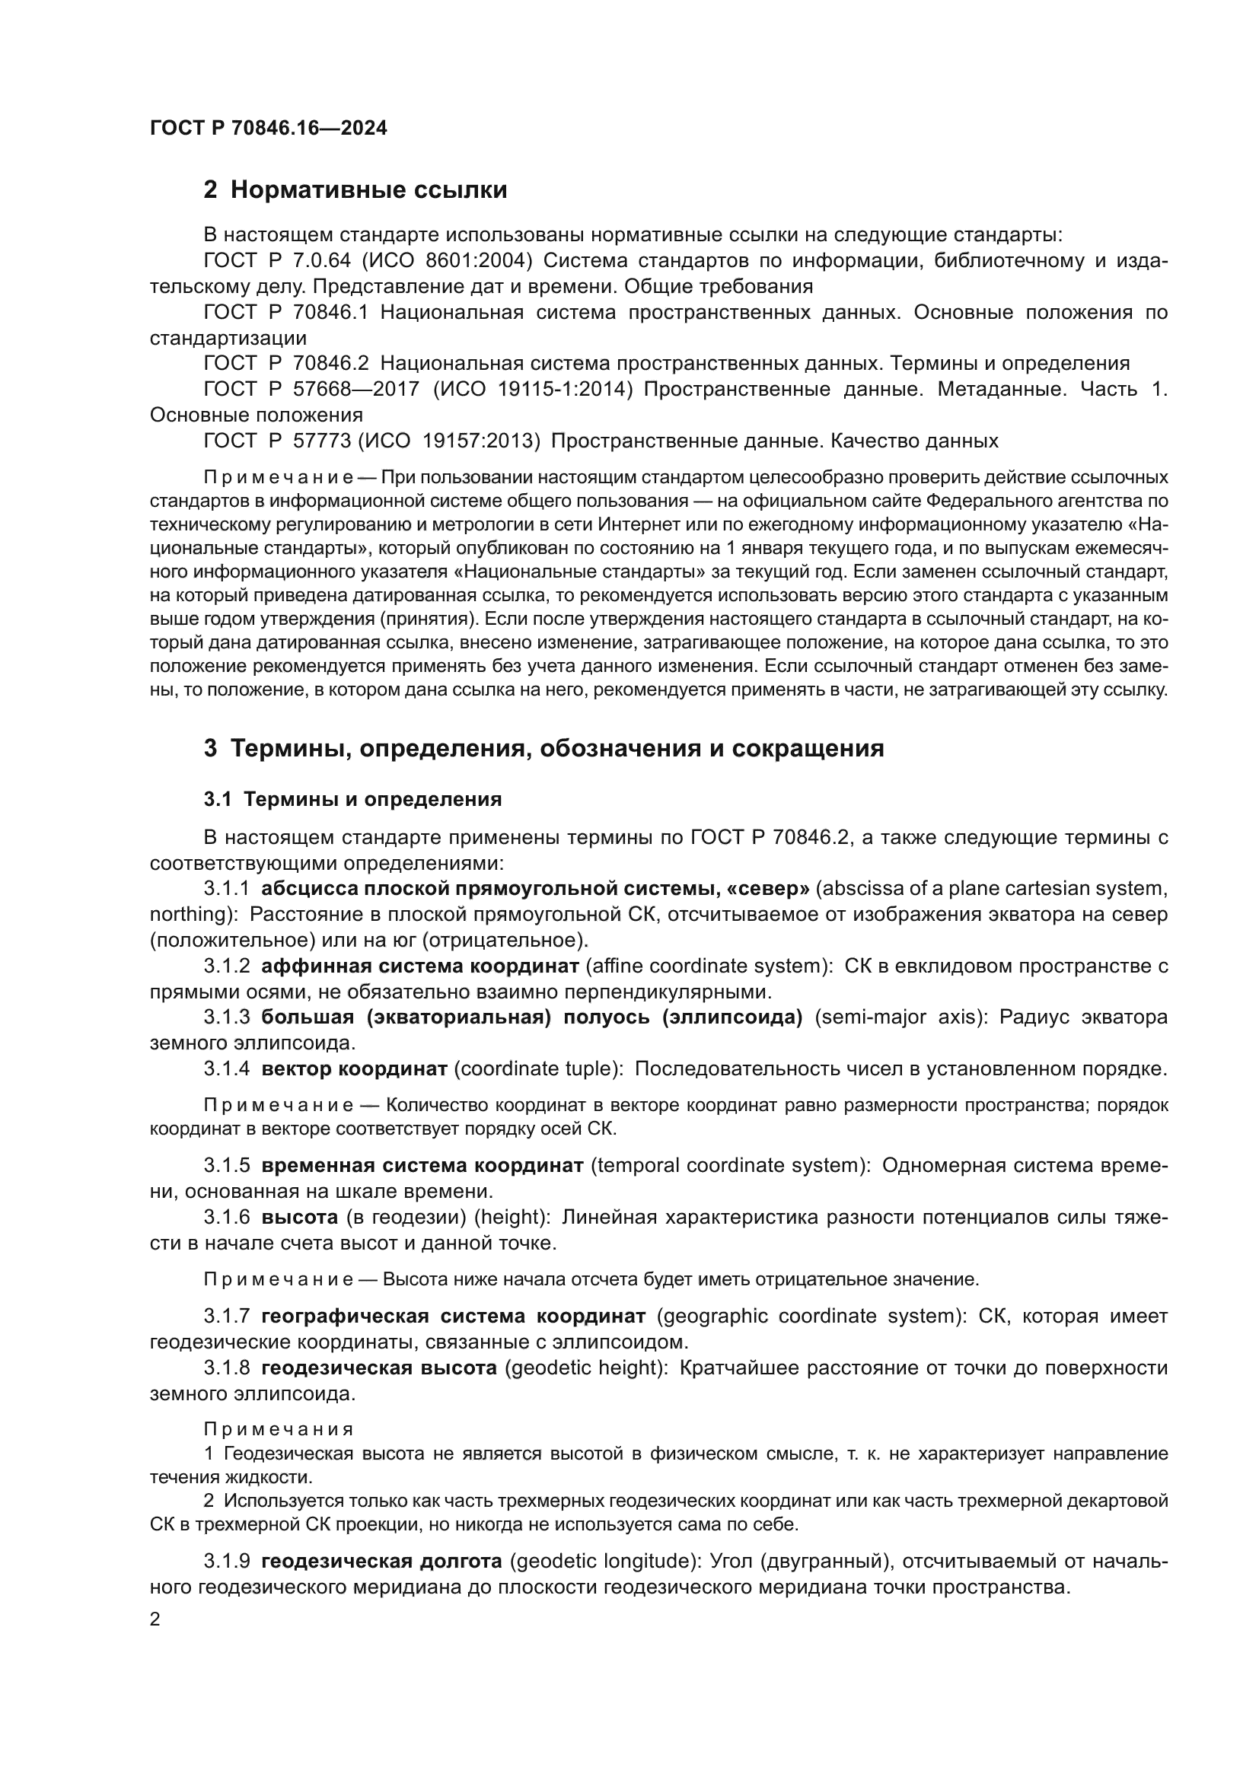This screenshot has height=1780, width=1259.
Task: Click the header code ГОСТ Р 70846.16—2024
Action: point(268,129)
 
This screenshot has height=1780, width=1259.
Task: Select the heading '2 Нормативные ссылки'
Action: point(355,189)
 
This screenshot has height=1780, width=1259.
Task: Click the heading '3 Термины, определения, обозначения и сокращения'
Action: point(543,748)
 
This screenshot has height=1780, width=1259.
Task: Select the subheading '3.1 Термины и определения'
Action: point(352,799)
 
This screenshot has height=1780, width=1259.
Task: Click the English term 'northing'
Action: point(186,915)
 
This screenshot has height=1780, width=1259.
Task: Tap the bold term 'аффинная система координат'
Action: point(420,966)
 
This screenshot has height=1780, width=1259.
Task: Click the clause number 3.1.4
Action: point(226,1068)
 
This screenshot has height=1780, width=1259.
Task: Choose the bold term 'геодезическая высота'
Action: point(379,1368)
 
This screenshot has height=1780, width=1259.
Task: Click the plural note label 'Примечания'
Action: point(279,1429)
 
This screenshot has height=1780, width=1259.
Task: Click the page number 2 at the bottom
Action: point(155,1619)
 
